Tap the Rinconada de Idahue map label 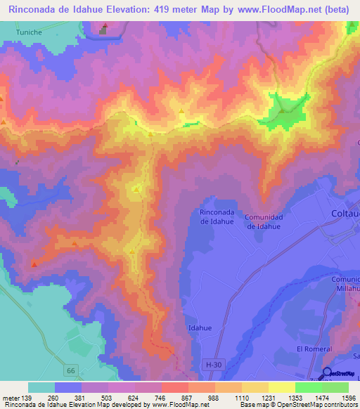click(222, 216)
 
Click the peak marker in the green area click(281, 110)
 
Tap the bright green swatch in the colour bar click(308, 387)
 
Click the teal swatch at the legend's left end click(41, 387)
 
